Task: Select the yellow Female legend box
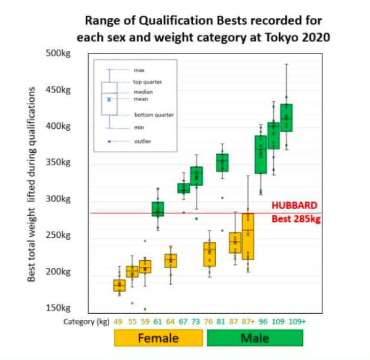pyautogui.click(x=158, y=338)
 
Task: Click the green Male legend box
pyautogui.click(x=255, y=338)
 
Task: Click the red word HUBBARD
pyautogui.click(x=295, y=206)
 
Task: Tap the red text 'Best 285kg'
pyautogui.click(x=297, y=218)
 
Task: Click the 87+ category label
pyautogui.click(x=249, y=321)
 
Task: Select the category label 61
pyautogui.click(x=158, y=321)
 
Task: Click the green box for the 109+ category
pyautogui.click(x=286, y=117)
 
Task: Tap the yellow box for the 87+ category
pyautogui.click(x=249, y=236)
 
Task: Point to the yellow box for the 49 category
pyautogui.click(x=119, y=285)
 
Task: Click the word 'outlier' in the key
pyautogui.click(x=142, y=142)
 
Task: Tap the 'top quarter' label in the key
pyautogui.click(x=149, y=82)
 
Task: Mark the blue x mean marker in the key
pyautogui.click(x=109, y=99)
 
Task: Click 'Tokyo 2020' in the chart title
pyautogui.click(x=298, y=37)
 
